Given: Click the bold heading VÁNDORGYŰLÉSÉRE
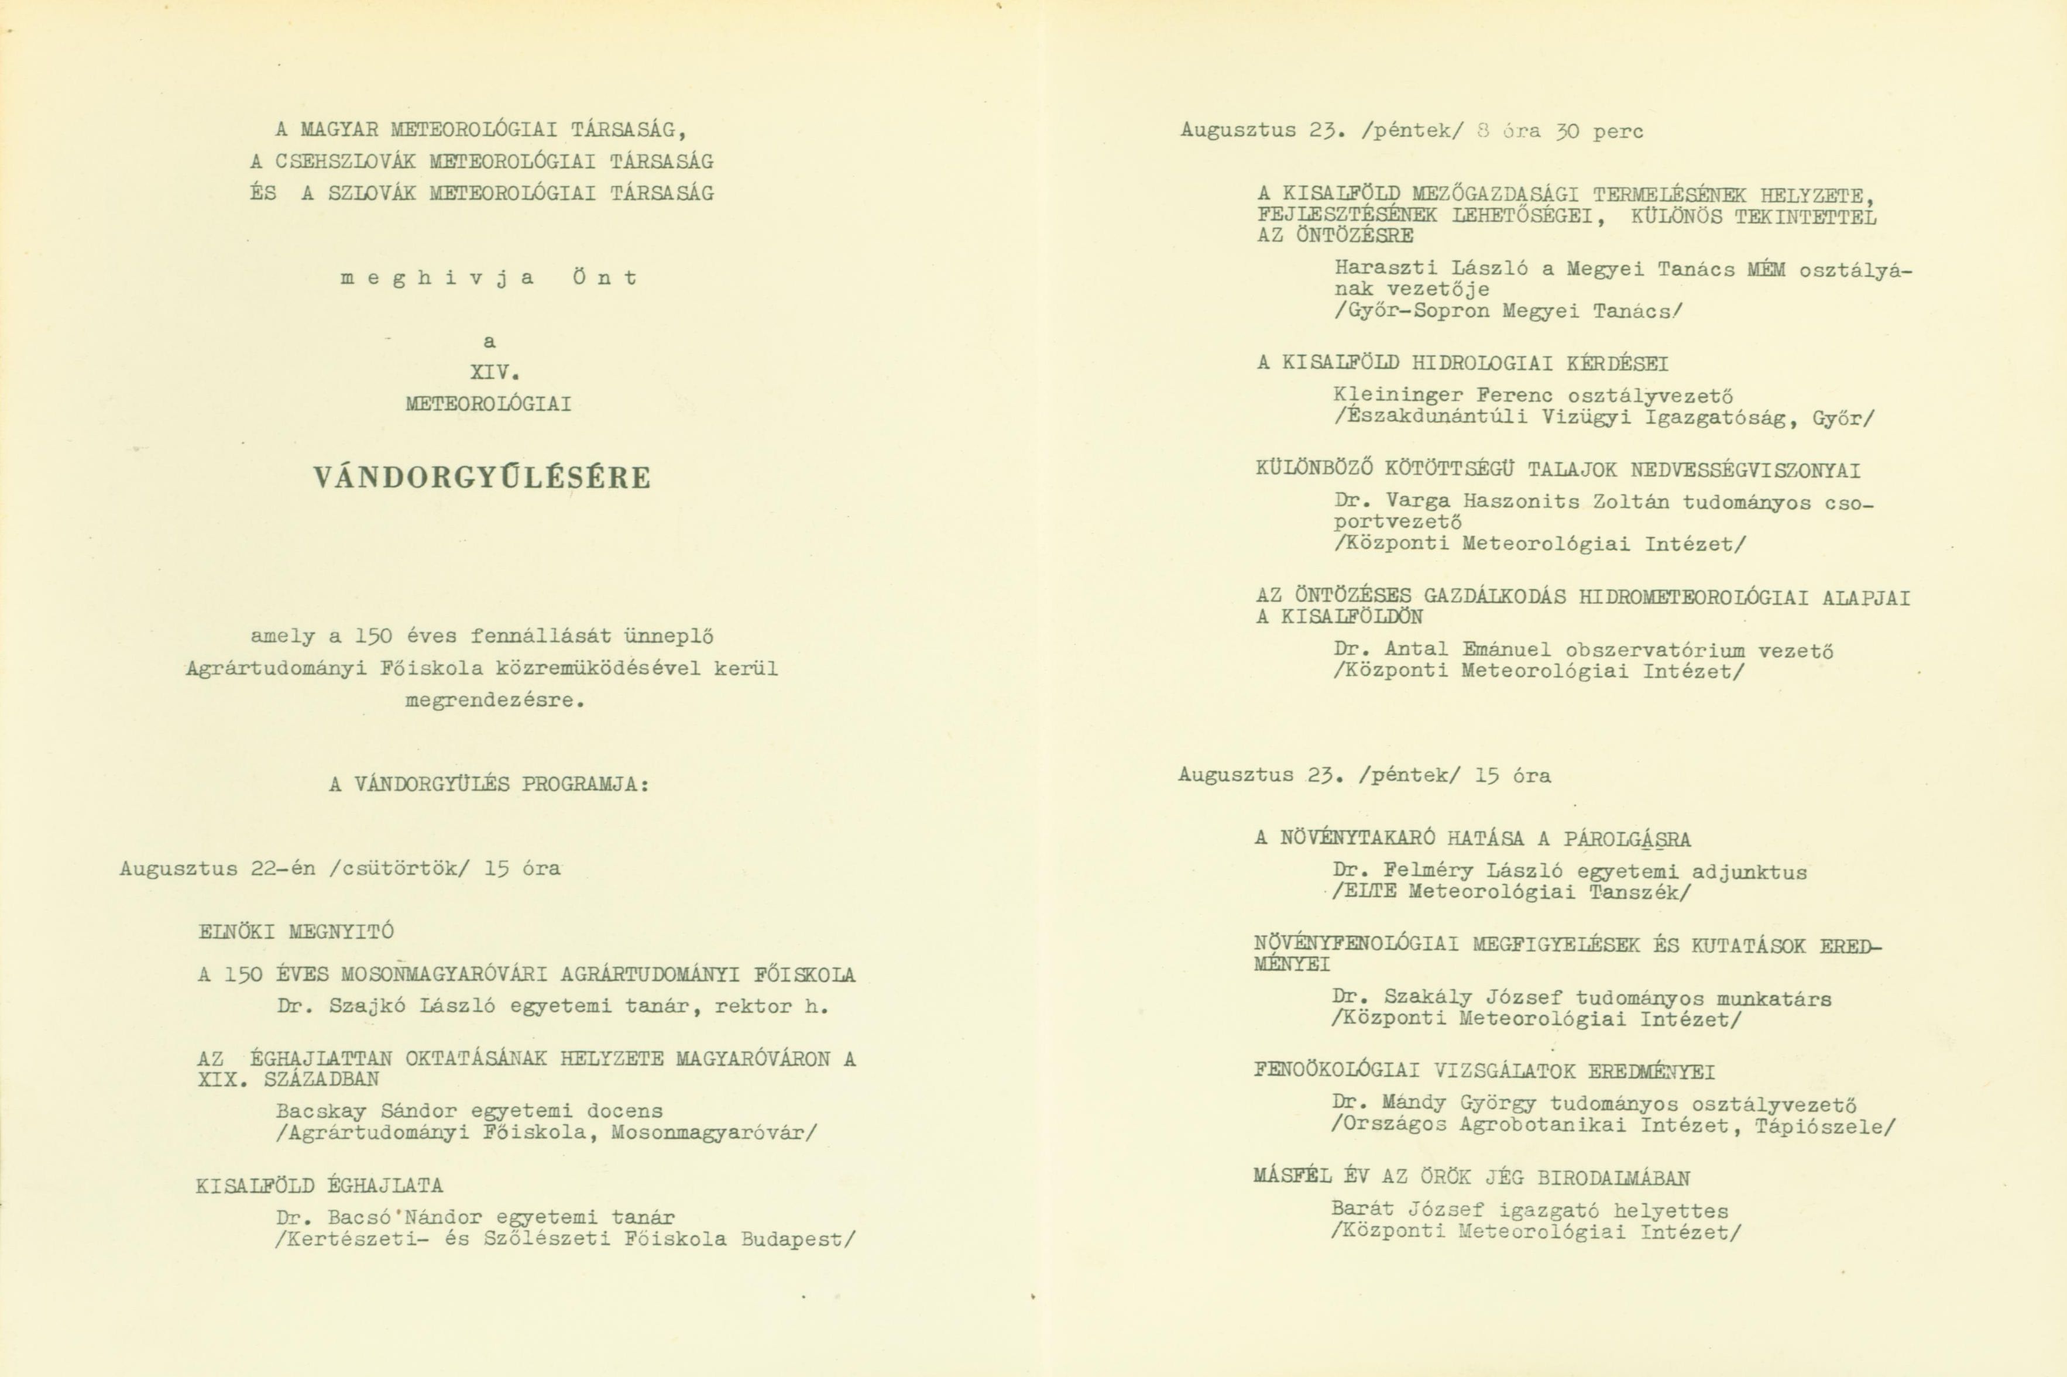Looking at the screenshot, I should [x=482, y=478].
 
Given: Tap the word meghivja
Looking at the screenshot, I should [x=437, y=279].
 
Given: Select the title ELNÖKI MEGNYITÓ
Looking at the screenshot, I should [x=296, y=933].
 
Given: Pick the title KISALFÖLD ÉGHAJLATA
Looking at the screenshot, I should [x=320, y=1186].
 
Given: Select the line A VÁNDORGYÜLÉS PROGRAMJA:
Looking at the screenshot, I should [x=489, y=785].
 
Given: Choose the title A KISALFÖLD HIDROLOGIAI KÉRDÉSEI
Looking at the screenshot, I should [x=1462, y=363].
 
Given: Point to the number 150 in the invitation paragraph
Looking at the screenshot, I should [x=373, y=636].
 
